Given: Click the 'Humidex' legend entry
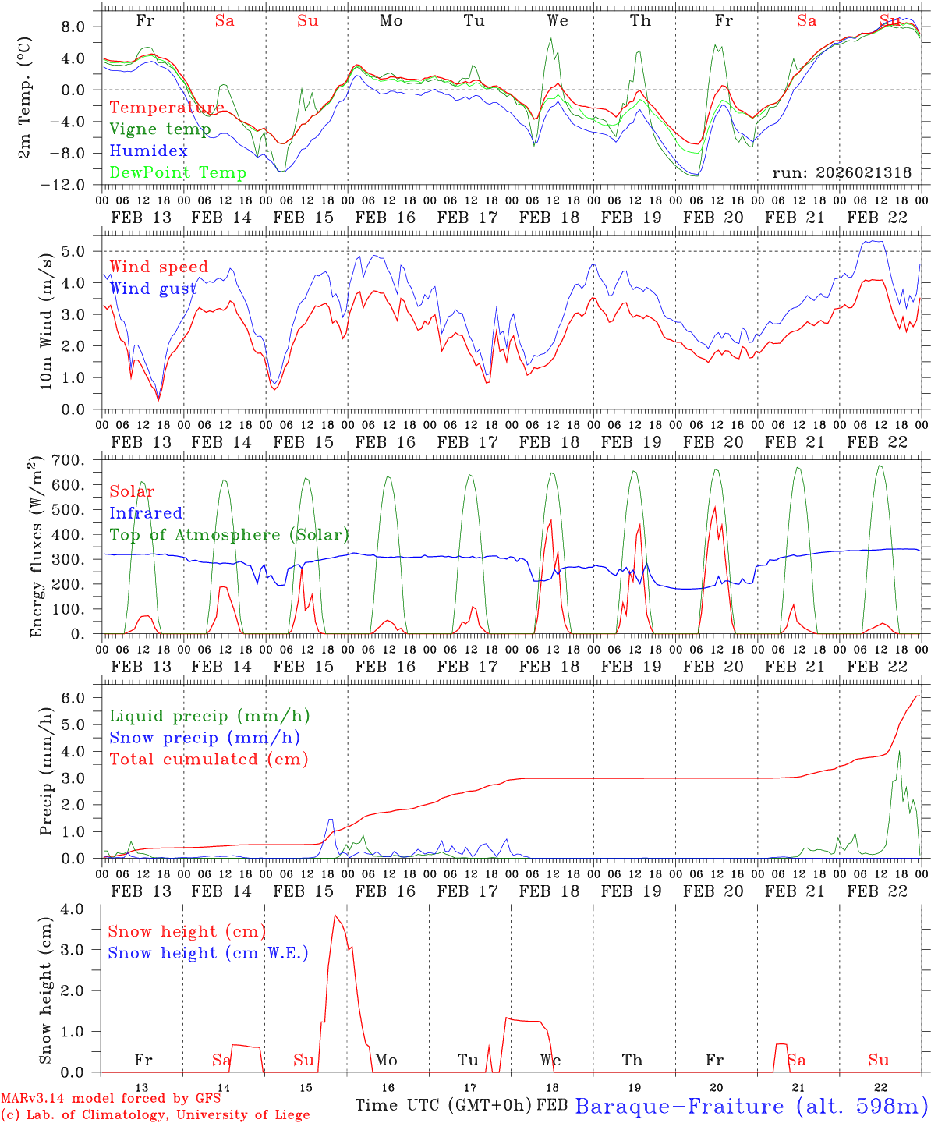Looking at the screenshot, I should tap(148, 151).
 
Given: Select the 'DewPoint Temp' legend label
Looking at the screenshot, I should tap(178, 172).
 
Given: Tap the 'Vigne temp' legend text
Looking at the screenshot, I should tap(160, 129).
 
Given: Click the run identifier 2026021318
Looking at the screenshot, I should tap(841, 172).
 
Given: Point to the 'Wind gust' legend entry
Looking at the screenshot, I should tap(153, 289).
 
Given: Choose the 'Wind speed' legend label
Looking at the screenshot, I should tap(159, 267).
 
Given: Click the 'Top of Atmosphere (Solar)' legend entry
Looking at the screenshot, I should tap(229, 535).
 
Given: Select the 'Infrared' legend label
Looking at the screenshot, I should tap(146, 513).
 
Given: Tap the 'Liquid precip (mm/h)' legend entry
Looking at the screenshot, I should tap(210, 716).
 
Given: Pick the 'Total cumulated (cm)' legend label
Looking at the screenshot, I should tap(209, 759).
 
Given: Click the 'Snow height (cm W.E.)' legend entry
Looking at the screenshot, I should tap(208, 953).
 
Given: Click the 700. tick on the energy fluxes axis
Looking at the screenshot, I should tap(78, 460).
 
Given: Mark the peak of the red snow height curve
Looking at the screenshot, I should tap(335, 915).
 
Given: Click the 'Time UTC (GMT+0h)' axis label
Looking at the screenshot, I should tap(443, 1105).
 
